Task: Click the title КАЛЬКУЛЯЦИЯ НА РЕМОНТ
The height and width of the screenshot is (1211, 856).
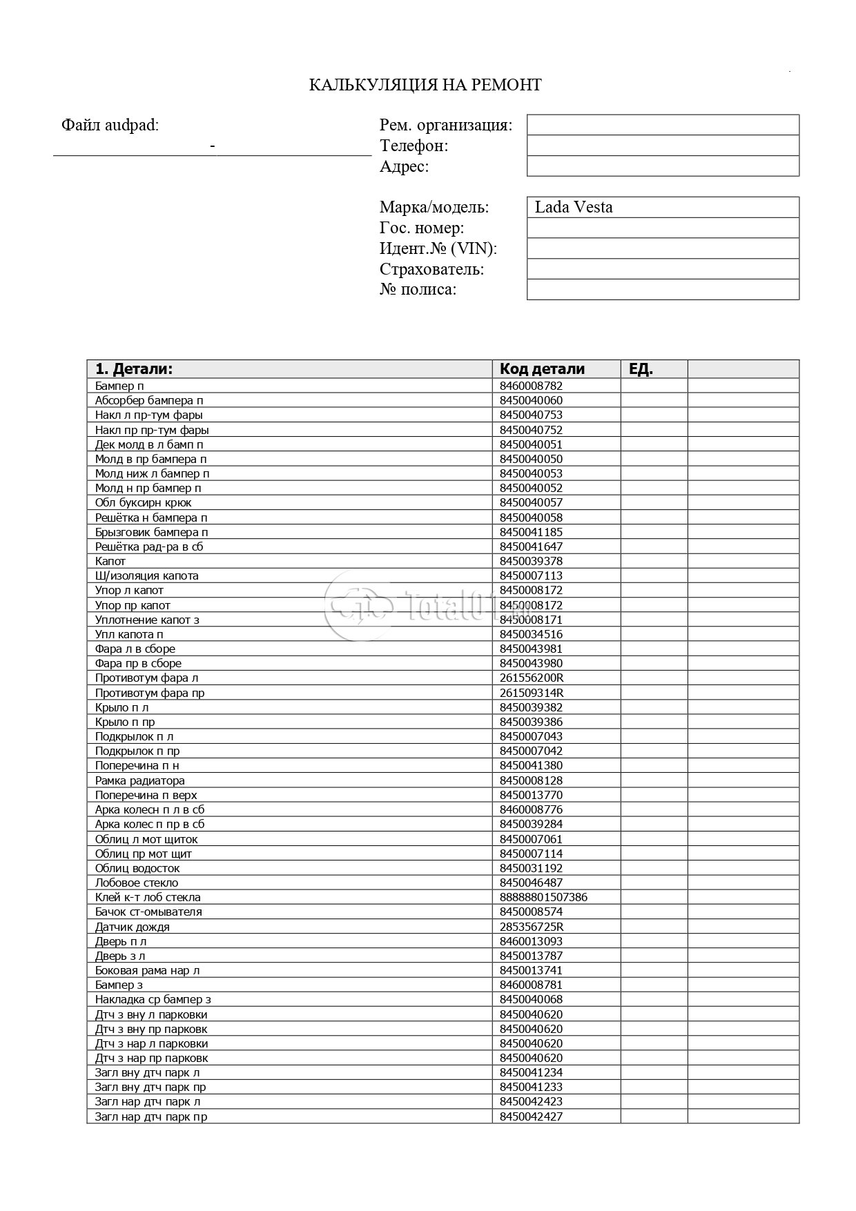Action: tap(425, 85)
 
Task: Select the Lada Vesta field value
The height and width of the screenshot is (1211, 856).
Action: tap(574, 207)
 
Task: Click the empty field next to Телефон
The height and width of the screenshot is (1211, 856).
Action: tap(663, 146)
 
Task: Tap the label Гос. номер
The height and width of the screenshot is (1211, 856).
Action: tap(421, 228)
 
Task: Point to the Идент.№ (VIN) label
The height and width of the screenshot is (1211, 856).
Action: tap(438, 248)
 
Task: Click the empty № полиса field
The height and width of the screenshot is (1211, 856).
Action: tap(663, 289)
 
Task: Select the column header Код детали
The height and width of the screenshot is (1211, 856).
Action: tap(542, 368)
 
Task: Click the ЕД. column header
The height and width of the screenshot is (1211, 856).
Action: tap(641, 368)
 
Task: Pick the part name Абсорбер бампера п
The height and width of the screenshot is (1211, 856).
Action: tap(149, 400)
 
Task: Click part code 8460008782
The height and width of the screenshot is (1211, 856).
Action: tap(531, 386)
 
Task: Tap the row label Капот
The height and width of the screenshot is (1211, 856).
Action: tap(110, 561)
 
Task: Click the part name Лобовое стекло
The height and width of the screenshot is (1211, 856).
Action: tap(137, 883)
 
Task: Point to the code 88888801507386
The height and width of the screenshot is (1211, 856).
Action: tap(543, 897)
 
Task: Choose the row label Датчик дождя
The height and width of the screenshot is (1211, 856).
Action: tap(133, 927)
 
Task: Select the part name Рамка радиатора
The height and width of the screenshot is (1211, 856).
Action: tap(140, 780)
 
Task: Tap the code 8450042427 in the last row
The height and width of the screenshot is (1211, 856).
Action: tap(531, 1116)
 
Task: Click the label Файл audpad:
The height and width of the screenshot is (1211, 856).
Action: tap(110, 125)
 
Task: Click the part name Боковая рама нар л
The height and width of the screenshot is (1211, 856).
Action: tap(147, 970)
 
